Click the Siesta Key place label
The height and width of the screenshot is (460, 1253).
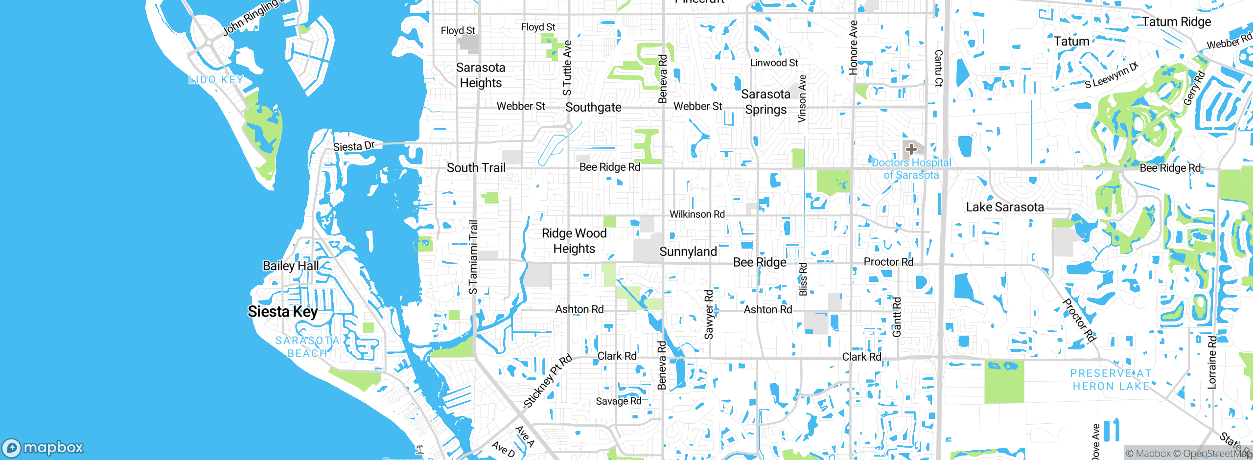pyautogui.click(x=282, y=312)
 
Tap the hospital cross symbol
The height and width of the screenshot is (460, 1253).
pyautogui.click(x=911, y=149)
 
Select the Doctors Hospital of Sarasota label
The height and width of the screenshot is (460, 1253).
pyautogui.click(x=911, y=169)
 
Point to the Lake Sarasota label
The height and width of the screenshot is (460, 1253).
pyautogui.click(x=1005, y=207)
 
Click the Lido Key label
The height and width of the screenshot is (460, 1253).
pyautogui.click(x=216, y=80)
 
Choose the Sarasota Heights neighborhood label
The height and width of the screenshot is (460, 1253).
pyautogui.click(x=481, y=75)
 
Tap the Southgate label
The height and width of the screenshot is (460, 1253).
pyautogui.click(x=593, y=108)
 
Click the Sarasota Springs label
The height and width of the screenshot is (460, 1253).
pyautogui.click(x=766, y=102)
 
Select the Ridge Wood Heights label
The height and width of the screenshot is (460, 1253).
pyautogui.click(x=574, y=241)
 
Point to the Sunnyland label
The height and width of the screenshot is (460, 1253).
pyautogui.click(x=688, y=252)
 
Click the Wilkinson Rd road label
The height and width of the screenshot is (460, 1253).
pyautogui.click(x=697, y=214)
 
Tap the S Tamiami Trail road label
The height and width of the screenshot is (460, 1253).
pyautogui.click(x=473, y=257)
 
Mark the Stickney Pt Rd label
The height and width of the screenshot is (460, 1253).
pyautogui.click(x=548, y=381)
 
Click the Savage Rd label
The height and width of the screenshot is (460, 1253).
pyautogui.click(x=618, y=401)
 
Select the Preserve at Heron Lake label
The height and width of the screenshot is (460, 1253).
pyautogui.click(x=1111, y=380)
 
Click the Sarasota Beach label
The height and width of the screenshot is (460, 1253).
pyautogui.click(x=307, y=347)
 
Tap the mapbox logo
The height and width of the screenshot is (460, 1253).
pyautogui.click(x=43, y=448)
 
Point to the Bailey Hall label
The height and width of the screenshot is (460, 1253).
pyautogui.click(x=291, y=266)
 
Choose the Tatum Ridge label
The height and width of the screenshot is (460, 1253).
pyautogui.click(x=1176, y=22)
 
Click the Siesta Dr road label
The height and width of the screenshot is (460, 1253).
pyautogui.click(x=353, y=146)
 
